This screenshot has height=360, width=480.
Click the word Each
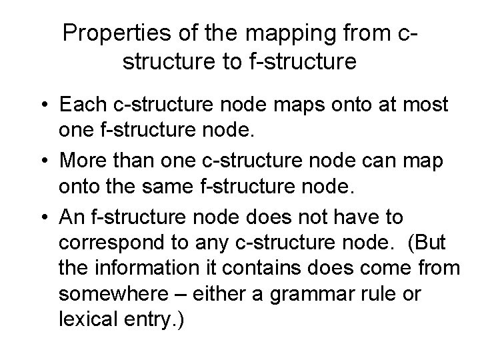click(x=81, y=106)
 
